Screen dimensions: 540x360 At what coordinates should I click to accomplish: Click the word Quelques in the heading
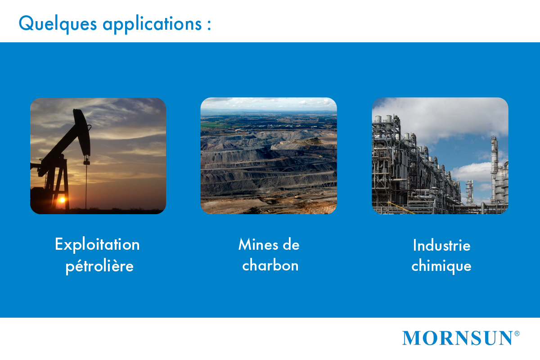[x=58, y=24]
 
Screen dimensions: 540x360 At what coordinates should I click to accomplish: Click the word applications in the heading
[x=152, y=25]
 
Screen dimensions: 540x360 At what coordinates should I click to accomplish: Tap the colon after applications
[x=209, y=25]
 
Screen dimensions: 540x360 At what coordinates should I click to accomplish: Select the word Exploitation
[x=97, y=244]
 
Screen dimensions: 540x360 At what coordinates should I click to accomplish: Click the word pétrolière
[x=99, y=266]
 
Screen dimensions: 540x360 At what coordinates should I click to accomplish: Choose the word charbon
[x=270, y=265]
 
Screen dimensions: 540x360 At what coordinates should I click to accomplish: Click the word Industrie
[x=441, y=245]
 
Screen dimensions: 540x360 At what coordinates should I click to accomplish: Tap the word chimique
[x=441, y=265]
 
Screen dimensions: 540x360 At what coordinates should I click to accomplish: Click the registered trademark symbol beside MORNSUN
[x=517, y=333]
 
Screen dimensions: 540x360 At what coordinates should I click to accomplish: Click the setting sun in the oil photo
[x=62, y=200]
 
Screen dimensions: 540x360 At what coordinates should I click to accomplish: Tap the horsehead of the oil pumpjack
[x=82, y=132]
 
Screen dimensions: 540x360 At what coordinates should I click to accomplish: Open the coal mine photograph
[x=269, y=156]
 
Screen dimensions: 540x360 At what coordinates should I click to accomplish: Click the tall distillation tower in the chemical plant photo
[x=495, y=169]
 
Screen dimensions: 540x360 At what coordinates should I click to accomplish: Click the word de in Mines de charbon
[x=291, y=244]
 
